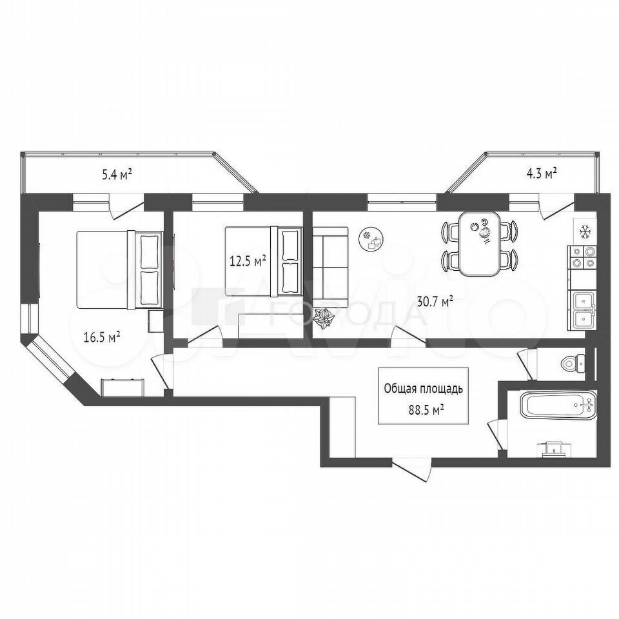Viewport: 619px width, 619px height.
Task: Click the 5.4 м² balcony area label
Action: [117, 174]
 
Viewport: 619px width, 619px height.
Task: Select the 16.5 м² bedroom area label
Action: [102, 337]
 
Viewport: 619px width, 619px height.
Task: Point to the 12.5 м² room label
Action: [248, 261]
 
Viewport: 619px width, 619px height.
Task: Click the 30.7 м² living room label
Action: [435, 302]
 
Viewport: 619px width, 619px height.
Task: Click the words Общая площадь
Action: [423, 389]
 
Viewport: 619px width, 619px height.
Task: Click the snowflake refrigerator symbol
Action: [584, 231]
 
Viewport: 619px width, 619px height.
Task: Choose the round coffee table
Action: [371, 239]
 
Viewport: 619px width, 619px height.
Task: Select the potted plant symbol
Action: [324, 318]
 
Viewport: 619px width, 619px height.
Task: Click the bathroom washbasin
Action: [555, 449]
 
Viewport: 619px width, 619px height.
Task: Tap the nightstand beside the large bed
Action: [155, 321]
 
